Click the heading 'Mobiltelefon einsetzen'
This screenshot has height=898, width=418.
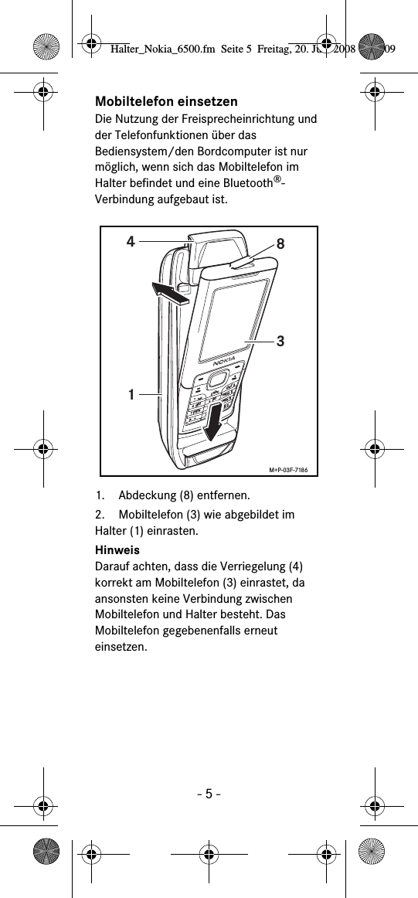click(166, 102)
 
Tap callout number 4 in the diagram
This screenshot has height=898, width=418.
click(131, 241)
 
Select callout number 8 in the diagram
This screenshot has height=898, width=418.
click(280, 244)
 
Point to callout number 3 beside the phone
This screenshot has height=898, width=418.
click(281, 340)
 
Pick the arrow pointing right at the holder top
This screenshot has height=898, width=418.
click(172, 294)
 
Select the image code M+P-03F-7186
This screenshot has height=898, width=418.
click(293, 468)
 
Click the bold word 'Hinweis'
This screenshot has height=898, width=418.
click(117, 550)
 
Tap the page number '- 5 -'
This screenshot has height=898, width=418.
click(209, 793)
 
